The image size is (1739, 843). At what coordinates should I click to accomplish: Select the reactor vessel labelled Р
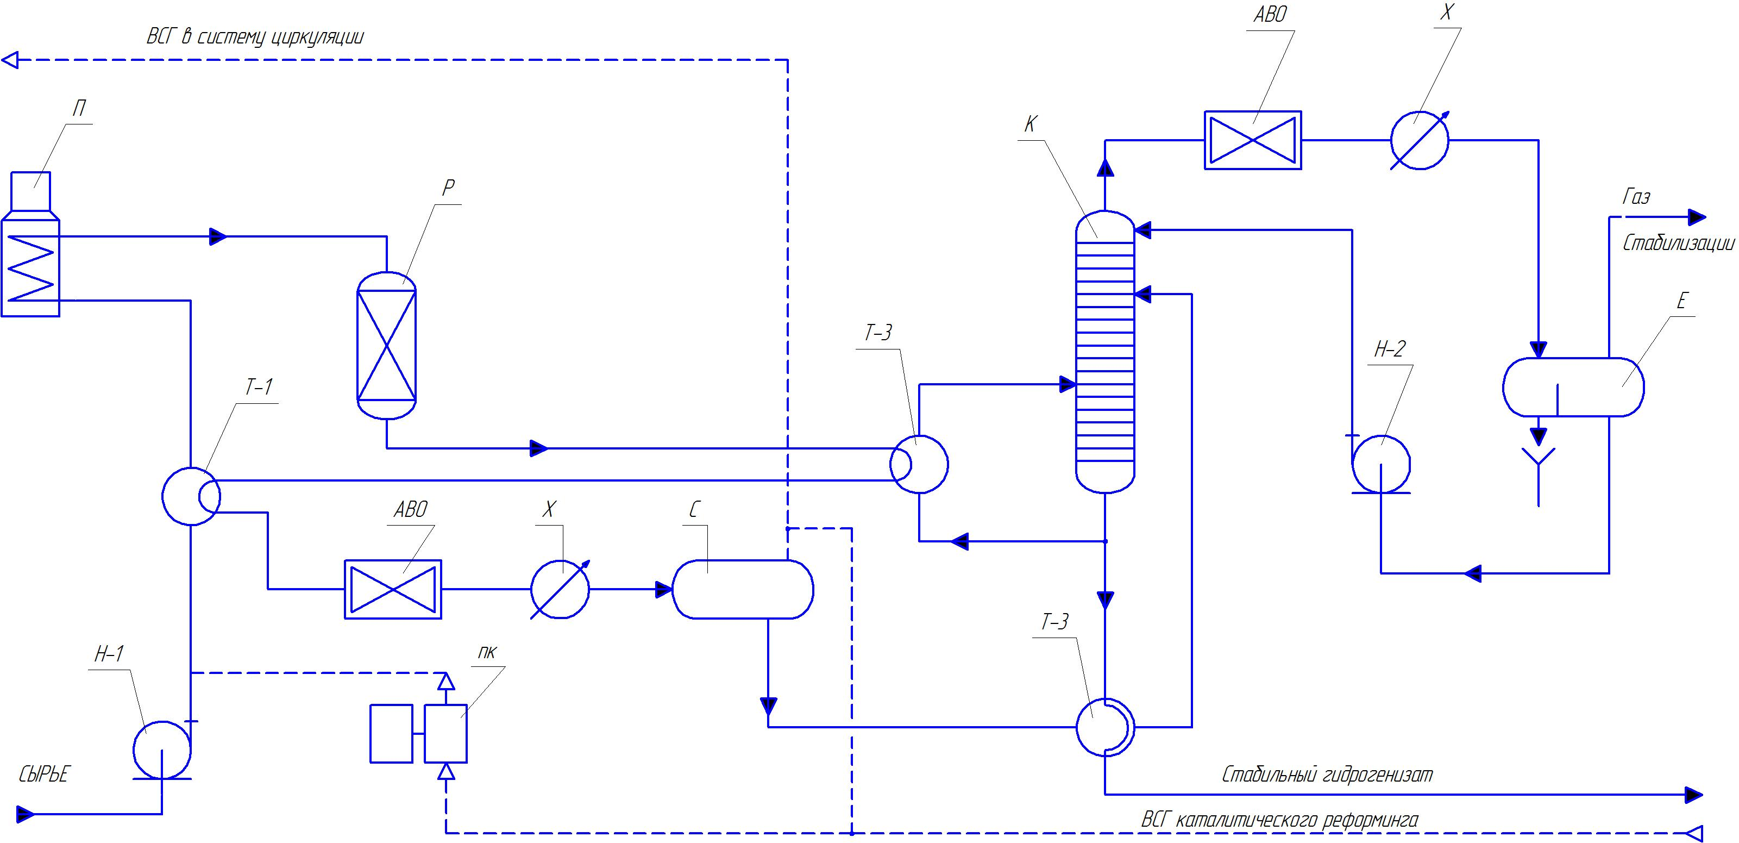[386, 345]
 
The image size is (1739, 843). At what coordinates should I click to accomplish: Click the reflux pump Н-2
[1380, 464]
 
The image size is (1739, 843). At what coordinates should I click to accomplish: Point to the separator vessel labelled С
[743, 589]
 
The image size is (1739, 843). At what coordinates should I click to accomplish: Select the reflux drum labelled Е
[1573, 387]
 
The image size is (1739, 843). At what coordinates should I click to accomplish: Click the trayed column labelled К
[1104, 351]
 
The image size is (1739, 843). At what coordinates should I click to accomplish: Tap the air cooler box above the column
[1252, 140]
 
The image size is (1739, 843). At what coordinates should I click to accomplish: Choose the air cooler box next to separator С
[393, 589]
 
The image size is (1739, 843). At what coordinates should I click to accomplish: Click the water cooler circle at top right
[1419, 140]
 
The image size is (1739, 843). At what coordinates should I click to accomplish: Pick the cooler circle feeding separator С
[560, 589]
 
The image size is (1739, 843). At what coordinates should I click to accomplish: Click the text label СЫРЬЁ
[44, 774]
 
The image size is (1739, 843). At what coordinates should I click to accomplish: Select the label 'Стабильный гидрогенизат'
[1327, 774]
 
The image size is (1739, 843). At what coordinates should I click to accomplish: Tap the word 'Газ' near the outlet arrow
[1636, 197]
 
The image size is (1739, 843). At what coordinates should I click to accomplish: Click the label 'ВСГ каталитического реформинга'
[1279, 820]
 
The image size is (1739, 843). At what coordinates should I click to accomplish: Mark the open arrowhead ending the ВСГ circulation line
[11, 60]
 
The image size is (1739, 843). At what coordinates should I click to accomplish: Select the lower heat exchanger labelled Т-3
[1104, 727]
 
